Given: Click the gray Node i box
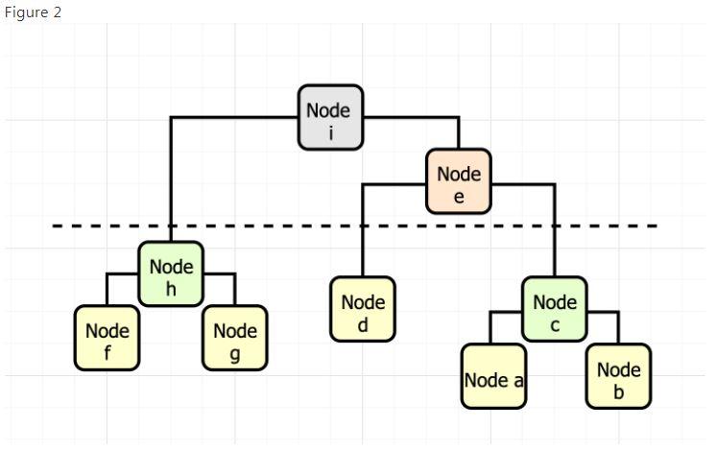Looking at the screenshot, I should (330, 117).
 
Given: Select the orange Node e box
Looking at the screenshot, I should (459, 180).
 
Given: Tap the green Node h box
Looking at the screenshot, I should (171, 273).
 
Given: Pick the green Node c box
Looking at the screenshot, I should (554, 309).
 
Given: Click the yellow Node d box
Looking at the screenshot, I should (363, 309).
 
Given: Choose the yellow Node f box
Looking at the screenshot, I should (107, 339).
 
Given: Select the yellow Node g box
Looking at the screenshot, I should (234, 339).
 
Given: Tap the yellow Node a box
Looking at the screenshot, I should (493, 376).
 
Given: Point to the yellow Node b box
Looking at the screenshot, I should (618, 376).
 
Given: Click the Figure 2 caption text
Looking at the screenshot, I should (33, 12).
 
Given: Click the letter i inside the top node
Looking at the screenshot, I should (330, 132).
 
